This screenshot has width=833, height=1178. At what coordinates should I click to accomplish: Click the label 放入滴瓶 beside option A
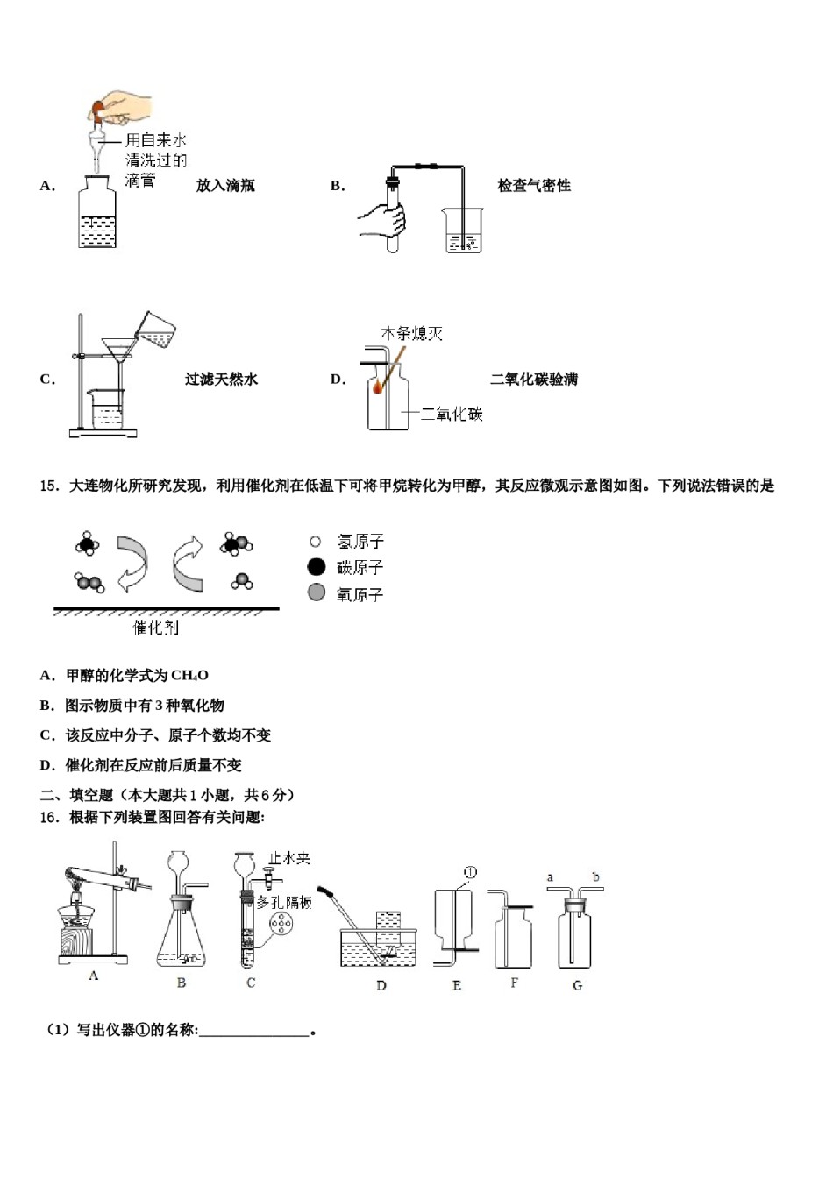(x=225, y=186)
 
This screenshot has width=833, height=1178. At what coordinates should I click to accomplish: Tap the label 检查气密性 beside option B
(x=534, y=186)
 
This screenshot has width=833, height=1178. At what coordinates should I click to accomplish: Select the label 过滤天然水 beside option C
(x=221, y=380)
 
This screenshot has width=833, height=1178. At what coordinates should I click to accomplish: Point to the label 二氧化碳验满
(x=534, y=380)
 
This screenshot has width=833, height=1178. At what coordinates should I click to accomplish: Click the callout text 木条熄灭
(x=411, y=334)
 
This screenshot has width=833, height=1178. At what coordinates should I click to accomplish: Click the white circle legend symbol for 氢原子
(x=316, y=543)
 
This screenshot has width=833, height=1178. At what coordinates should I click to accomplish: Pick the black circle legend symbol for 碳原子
(x=317, y=567)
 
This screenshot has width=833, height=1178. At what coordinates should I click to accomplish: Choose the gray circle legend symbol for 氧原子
(x=317, y=593)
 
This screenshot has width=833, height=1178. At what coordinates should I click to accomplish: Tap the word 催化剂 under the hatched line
(x=155, y=628)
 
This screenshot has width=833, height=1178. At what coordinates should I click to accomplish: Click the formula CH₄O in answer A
(x=189, y=676)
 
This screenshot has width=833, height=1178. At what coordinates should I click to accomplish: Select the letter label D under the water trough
(x=381, y=985)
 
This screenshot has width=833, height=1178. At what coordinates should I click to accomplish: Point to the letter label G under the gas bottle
(x=577, y=985)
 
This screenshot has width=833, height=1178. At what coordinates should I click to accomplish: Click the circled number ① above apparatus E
(x=470, y=873)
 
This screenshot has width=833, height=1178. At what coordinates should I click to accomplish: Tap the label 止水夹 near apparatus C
(x=290, y=859)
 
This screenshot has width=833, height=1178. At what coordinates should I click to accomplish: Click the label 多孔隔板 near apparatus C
(x=284, y=902)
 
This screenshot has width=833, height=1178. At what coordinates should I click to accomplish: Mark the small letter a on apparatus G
(x=551, y=877)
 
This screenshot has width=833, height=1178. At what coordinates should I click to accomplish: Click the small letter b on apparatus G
(x=596, y=877)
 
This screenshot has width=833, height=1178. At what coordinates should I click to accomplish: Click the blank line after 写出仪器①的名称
(x=254, y=1031)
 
